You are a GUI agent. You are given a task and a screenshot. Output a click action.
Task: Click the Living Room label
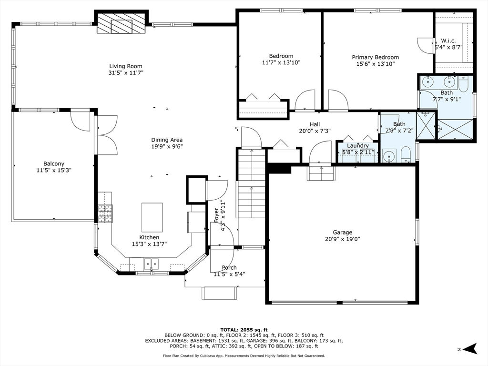tap(126, 66)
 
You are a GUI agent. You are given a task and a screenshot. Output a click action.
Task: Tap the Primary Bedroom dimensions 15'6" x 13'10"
tap(376, 64)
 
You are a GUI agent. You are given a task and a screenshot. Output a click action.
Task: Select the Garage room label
tap(342, 232)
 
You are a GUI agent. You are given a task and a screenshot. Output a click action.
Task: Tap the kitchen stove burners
tap(105, 213)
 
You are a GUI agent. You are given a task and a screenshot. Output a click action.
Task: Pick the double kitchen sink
tap(151, 264)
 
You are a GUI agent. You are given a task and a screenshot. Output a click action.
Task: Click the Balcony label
tap(54, 164)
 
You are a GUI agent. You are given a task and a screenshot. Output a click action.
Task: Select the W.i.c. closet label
tap(448, 41)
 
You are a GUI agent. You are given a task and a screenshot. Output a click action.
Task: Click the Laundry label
tap(358, 146)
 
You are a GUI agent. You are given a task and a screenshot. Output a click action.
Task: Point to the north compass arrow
tap(470, 348)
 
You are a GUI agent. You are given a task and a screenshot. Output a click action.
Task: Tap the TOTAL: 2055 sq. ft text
tap(244, 330)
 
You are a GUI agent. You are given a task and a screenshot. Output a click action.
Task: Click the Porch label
tap(229, 268)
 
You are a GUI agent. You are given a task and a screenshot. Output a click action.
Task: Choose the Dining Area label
tap(167, 140)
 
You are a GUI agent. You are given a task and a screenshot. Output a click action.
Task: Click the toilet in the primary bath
tap(463, 85)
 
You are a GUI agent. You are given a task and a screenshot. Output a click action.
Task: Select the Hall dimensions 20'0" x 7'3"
tap(315, 131)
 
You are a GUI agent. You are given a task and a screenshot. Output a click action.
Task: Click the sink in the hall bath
tap(389, 156)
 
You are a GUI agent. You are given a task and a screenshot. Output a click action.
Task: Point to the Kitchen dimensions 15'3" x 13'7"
tap(149, 244)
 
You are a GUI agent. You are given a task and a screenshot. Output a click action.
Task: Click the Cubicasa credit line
tap(244, 356)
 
